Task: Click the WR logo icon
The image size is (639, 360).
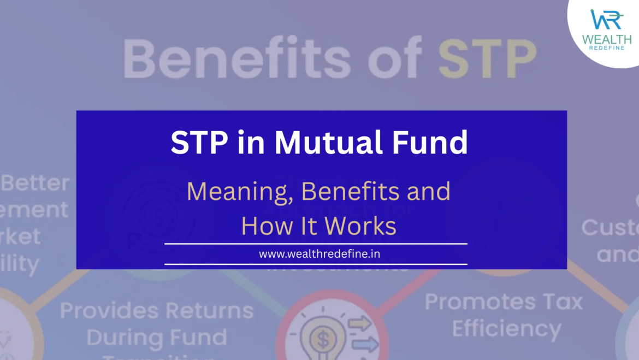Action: click(x=606, y=19)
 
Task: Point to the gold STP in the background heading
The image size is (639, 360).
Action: click(x=486, y=57)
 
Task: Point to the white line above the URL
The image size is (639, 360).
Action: click(x=316, y=244)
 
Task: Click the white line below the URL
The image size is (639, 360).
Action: click(x=316, y=264)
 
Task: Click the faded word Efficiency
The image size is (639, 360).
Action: click(x=506, y=329)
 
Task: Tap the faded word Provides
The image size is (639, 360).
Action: click(x=103, y=311)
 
